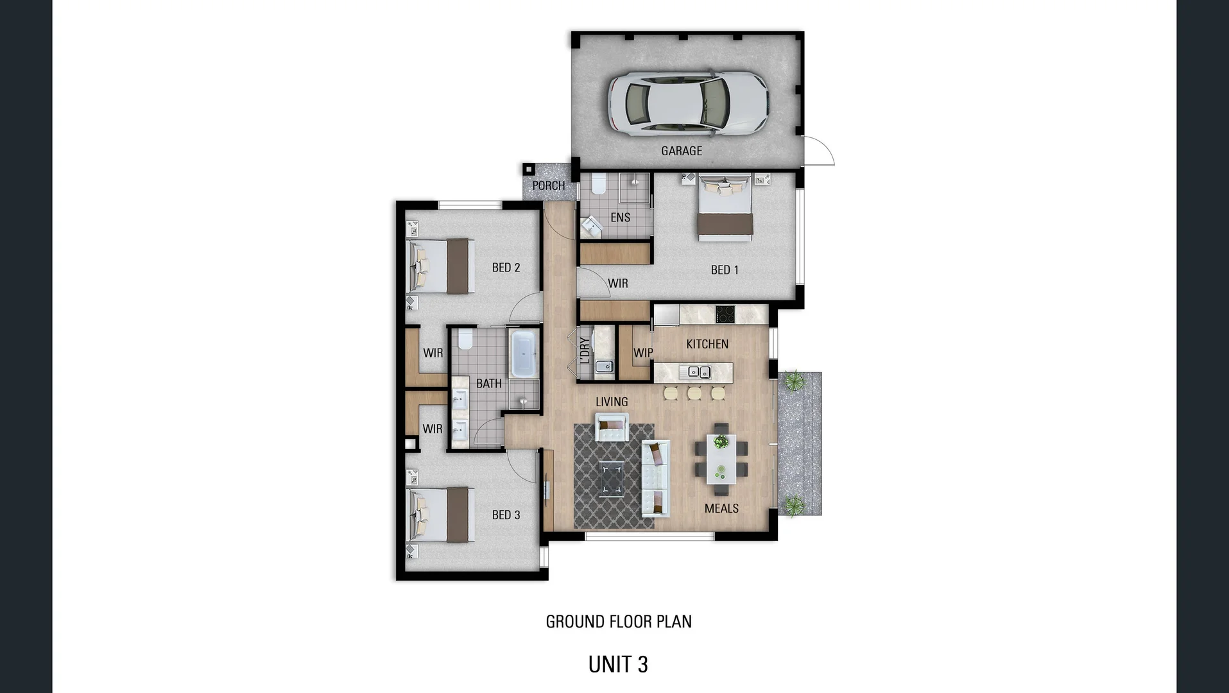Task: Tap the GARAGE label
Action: pyautogui.click(x=682, y=151)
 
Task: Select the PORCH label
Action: pyautogui.click(x=549, y=185)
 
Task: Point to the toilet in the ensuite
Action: pyautogui.click(x=599, y=183)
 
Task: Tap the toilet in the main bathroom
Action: pyautogui.click(x=465, y=339)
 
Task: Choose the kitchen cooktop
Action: pyautogui.click(x=725, y=314)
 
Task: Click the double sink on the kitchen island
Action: pyautogui.click(x=699, y=372)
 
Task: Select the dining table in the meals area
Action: pyautogui.click(x=721, y=458)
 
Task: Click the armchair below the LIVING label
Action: pyautogui.click(x=611, y=427)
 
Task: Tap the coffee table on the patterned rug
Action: pyautogui.click(x=611, y=479)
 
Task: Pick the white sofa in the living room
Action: pyautogui.click(x=656, y=478)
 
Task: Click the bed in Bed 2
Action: pyautogui.click(x=441, y=266)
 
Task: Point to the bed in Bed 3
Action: pyautogui.click(x=441, y=515)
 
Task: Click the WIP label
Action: pyautogui.click(x=643, y=353)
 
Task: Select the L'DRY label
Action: pyautogui.click(x=584, y=351)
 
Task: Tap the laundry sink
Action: pyautogui.click(x=603, y=367)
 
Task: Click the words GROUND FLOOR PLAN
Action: pyautogui.click(x=619, y=621)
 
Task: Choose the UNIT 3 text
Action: pyautogui.click(x=618, y=664)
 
